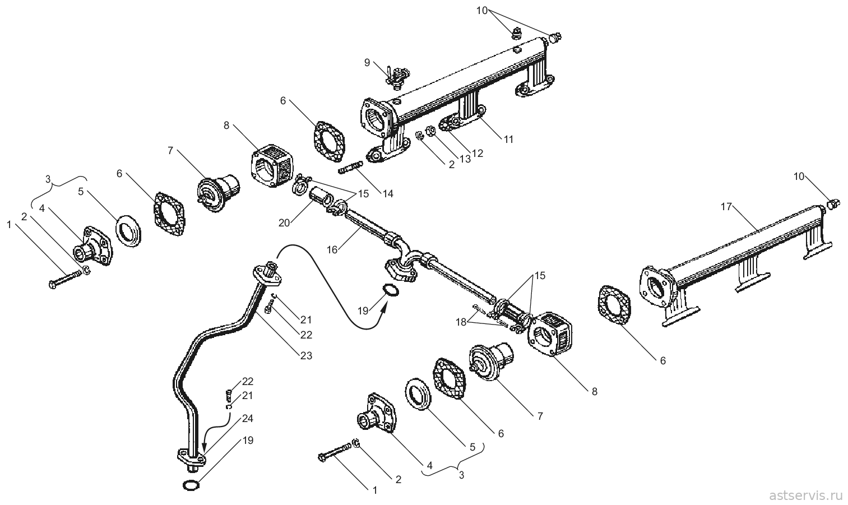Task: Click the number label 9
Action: (x=367, y=62)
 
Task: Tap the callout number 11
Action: (x=508, y=140)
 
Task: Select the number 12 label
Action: (x=478, y=154)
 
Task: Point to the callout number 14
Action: (x=388, y=194)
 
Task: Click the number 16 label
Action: (x=332, y=250)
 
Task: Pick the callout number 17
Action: (x=726, y=207)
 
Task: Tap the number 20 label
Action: (x=284, y=223)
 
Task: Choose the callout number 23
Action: (x=306, y=355)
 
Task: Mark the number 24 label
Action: (x=248, y=418)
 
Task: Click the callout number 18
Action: (x=461, y=322)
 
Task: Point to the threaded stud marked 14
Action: (x=350, y=168)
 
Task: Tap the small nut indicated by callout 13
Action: (x=430, y=131)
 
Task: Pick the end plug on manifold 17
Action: (x=832, y=205)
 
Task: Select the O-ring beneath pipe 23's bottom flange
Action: (x=191, y=485)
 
